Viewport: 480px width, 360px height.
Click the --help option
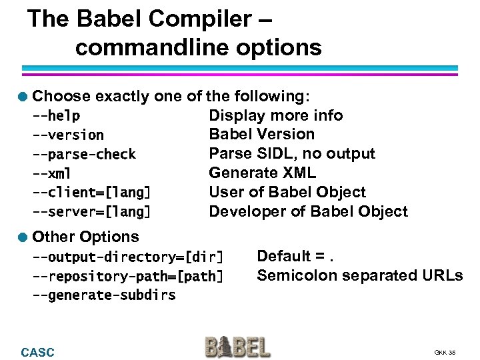coord(57,116)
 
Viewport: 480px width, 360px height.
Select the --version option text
coord(68,135)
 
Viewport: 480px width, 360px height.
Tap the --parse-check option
coord(84,155)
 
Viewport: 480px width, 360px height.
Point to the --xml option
coord(53,174)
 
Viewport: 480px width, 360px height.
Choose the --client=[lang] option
coord(91,193)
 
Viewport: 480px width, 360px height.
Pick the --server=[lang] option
coord(91,213)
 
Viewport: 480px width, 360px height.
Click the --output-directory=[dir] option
coord(128,257)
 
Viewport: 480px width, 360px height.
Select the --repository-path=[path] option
coord(128,276)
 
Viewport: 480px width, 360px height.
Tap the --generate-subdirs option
coord(104,295)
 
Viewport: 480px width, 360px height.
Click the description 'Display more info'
coord(276,115)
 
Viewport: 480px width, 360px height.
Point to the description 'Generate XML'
coord(262,173)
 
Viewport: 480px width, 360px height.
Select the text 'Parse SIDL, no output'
coord(292,154)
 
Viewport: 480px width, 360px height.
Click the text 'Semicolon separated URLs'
coord(359,275)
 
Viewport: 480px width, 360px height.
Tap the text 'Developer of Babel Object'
coord(308,212)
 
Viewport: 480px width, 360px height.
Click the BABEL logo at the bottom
coord(237,347)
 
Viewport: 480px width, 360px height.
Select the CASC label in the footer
coord(38,352)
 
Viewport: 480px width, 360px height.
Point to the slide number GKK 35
coord(445,353)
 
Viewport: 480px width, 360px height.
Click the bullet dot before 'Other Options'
coord(23,237)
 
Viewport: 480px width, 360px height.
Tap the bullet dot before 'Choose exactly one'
coord(23,97)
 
